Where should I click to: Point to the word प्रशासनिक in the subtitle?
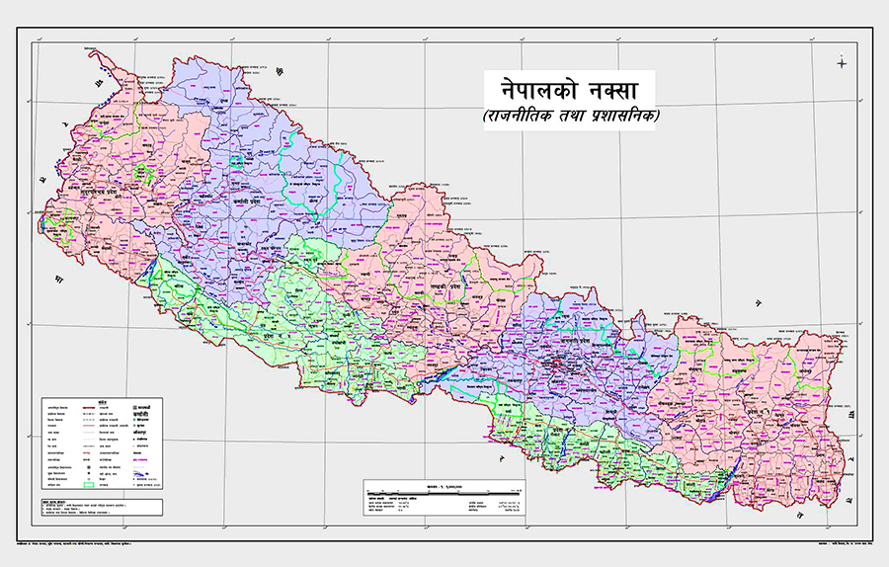[x=623, y=118]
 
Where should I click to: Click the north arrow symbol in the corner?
[x=842, y=64]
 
